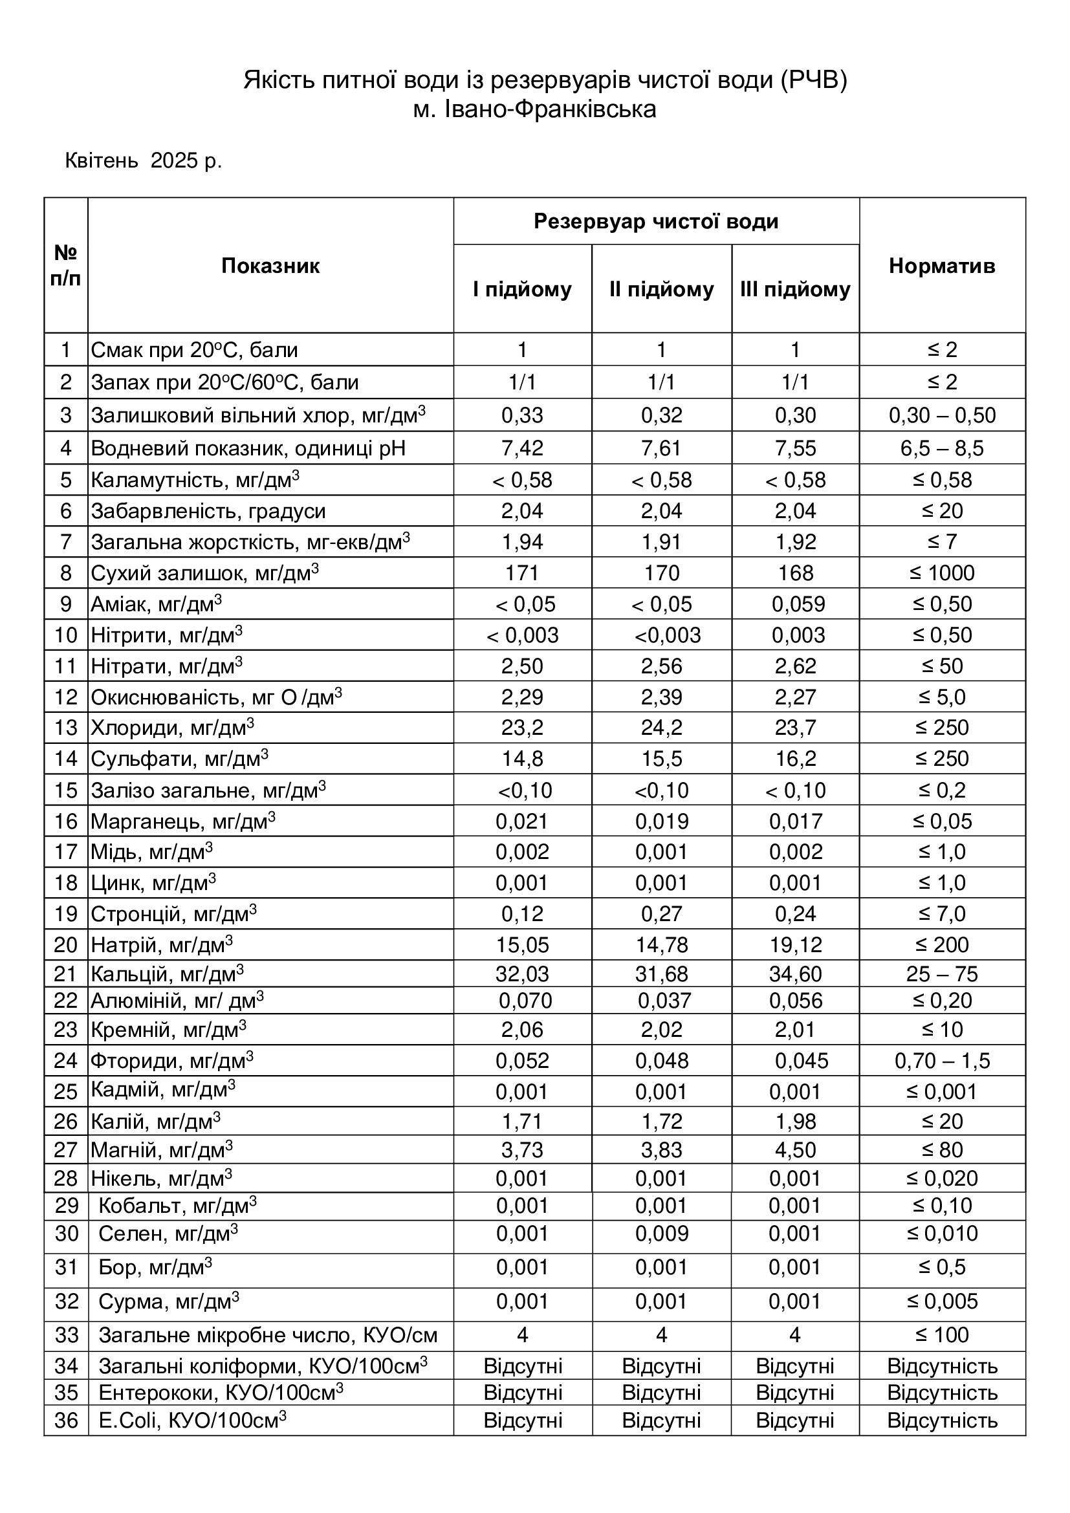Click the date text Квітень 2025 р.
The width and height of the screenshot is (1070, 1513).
(143, 161)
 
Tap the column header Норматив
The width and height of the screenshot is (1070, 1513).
(941, 266)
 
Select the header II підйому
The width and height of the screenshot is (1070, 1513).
(661, 289)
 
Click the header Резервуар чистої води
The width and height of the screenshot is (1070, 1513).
(655, 221)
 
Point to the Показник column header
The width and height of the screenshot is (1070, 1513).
(270, 266)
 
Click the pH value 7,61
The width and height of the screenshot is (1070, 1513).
(661, 448)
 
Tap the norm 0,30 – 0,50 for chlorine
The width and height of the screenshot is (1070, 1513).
(941, 415)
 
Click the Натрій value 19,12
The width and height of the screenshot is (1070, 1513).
(795, 945)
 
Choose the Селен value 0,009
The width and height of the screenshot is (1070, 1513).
(662, 1234)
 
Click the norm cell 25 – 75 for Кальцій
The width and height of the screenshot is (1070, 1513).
(941, 974)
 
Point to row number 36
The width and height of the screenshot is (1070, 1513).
(66, 1420)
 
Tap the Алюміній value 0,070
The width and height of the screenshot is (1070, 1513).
(525, 1001)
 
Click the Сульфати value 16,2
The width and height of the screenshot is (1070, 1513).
(795, 759)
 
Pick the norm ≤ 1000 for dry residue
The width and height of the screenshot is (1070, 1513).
(941, 573)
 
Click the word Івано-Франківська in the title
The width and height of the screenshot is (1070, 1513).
(551, 109)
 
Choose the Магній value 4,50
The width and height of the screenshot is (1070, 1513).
(795, 1150)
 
